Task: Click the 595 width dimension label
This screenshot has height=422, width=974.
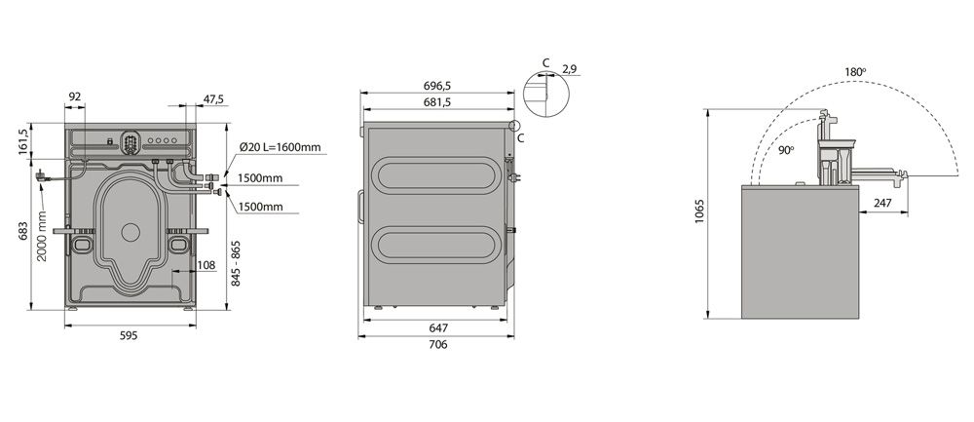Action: click(x=129, y=335)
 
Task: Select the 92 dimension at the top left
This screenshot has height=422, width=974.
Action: click(x=75, y=96)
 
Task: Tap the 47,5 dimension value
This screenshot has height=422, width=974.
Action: click(x=213, y=98)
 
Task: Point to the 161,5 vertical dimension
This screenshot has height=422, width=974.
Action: click(x=23, y=141)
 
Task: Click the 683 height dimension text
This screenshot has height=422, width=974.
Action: click(x=23, y=231)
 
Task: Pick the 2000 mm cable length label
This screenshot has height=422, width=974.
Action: click(x=42, y=236)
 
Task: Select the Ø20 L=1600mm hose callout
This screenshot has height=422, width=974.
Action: click(x=281, y=147)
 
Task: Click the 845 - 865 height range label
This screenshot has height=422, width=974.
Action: click(x=236, y=263)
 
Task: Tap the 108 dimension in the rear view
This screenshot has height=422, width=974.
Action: click(x=206, y=265)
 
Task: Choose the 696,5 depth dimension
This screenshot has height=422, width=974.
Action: click(x=438, y=86)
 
